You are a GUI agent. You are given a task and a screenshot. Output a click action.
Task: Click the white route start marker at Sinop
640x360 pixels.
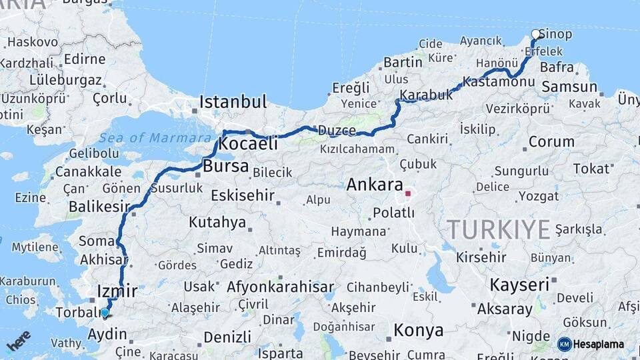[x=536, y=34]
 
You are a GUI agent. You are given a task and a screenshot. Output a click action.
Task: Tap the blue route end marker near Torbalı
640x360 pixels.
[x=105, y=312]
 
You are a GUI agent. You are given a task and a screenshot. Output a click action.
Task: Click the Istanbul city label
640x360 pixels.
[x=233, y=103]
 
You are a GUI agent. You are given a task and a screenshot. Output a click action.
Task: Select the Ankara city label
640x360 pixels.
[x=375, y=185]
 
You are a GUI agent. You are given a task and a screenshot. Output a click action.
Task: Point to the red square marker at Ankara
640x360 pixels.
[x=408, y=193]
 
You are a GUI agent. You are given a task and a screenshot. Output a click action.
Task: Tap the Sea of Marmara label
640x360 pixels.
[x=155, y=138]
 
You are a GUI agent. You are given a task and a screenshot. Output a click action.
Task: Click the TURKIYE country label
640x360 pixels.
[x=499, y=229]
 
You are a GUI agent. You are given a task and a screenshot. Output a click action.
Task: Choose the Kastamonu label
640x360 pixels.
[x=499, y=81]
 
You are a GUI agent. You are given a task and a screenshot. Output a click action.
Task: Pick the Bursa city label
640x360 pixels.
[x=226, y=166]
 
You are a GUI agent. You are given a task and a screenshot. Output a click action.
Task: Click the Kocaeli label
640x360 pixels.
[x=248, y=143]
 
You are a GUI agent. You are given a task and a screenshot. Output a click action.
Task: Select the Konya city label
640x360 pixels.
[x=419, y=330]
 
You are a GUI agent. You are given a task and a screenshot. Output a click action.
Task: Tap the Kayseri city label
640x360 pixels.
[x=519, y=284]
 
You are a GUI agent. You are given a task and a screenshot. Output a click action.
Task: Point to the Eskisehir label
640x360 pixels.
[x=243, y=195]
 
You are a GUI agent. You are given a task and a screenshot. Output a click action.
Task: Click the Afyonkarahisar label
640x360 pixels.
[x=280, y=287]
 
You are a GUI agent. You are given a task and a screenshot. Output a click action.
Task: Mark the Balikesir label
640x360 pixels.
[x=99, y=207]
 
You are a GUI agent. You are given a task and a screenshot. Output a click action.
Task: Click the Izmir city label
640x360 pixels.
[x=117, y=291]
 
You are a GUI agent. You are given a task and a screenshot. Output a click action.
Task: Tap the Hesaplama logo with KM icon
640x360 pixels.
[x=591, y=344]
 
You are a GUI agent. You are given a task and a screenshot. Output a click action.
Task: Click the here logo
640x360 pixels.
[x=18, y=341]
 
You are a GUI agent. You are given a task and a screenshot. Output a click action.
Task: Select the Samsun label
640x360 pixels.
[x=569, y=87]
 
